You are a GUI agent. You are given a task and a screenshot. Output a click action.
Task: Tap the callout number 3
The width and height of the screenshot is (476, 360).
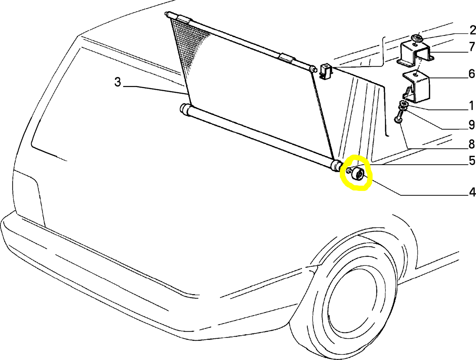[x=118, y=82]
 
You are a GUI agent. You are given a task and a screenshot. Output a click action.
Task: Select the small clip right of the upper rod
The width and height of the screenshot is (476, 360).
[x=326, y=71]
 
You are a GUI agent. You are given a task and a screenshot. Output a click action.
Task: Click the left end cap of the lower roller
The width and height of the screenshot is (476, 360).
[x=185, y=108]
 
